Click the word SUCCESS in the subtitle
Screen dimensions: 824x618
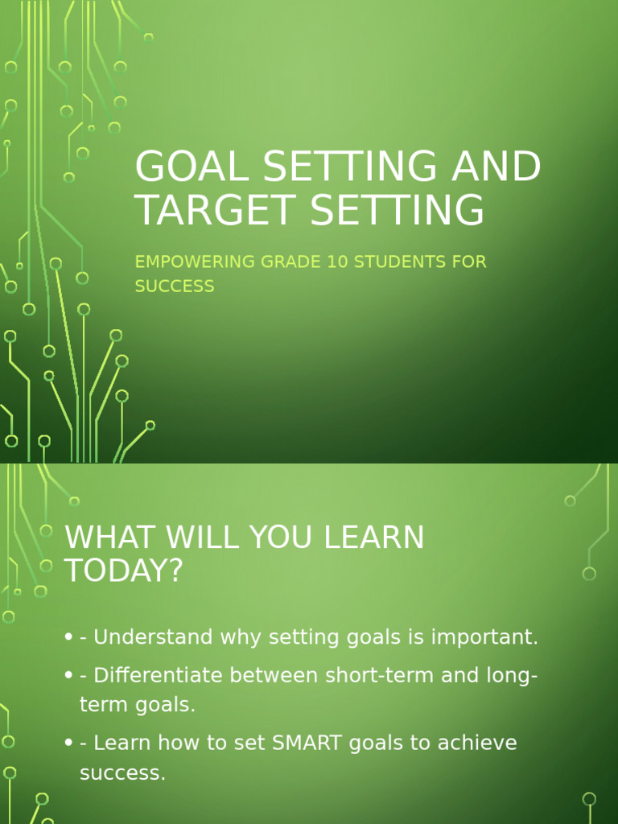[175, 286]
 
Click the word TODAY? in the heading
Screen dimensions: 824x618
[124, 571]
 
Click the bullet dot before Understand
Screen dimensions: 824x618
[69, 638]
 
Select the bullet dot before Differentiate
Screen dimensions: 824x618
[69, 676]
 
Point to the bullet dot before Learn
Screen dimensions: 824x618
[69, 743]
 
